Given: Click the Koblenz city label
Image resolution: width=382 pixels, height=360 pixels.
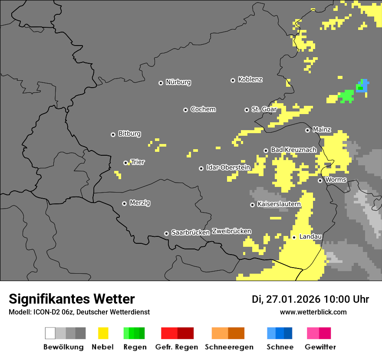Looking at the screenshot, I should pos(250,79).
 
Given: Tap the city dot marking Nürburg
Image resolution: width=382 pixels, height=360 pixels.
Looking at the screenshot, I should pos(161,82).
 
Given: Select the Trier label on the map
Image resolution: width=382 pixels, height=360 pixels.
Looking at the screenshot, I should pos(138,162).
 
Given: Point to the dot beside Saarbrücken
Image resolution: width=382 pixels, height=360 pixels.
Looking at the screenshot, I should pos(166,233).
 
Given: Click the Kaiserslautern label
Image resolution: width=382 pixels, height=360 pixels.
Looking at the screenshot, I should pos(279,204).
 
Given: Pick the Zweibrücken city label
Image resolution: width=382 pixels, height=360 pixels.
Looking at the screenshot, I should pos(231,231).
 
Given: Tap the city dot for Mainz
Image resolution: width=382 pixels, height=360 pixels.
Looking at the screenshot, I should pos(307,130).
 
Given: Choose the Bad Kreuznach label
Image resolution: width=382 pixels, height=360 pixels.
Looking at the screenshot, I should pos(293,150).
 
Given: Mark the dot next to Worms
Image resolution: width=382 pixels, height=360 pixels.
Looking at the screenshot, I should pos(320,180).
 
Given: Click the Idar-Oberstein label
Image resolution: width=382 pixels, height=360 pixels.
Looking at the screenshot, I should pos(228,167).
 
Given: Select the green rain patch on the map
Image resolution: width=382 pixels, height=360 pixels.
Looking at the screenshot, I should pos(346,95).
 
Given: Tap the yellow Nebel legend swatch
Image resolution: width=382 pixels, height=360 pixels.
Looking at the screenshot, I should pos(103,333).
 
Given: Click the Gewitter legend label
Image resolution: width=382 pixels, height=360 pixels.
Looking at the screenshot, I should pos(320,347).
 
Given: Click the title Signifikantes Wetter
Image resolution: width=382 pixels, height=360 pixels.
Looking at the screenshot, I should pos(72,299).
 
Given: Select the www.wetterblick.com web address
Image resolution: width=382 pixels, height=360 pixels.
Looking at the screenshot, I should pos(313,312).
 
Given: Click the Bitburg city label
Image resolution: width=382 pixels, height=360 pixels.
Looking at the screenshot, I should pos(129,134).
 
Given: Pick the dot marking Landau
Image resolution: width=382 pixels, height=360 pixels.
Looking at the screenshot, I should pos(294,237).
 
